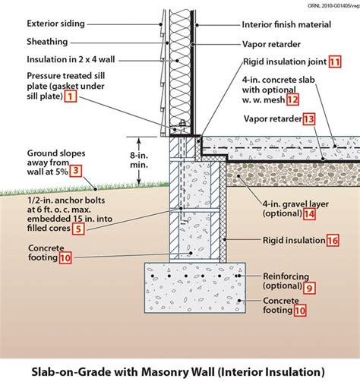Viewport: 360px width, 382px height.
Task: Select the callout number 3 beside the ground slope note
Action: (x=75, y=172)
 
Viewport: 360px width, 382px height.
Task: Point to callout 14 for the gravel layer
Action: (x=308, y=214)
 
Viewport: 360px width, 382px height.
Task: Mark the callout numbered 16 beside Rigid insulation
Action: (x=332, y=240)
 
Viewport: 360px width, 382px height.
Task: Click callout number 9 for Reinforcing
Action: (x=308, y=288)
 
